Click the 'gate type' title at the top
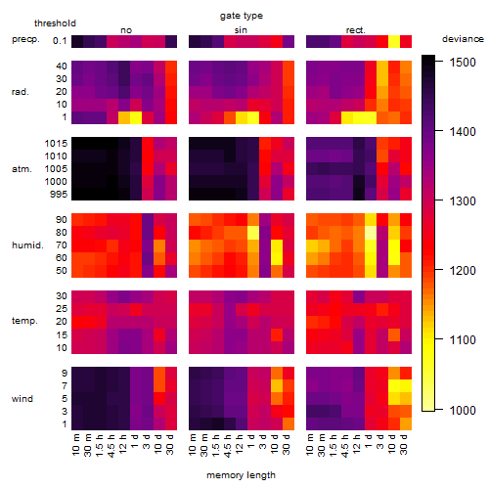[x=242, y=16]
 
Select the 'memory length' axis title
[x=241, y=475]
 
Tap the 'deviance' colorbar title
[x=463, y=39]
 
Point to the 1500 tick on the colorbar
[x=439, y=61]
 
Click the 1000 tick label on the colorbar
[x=463, y=410]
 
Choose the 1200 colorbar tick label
[x=463, y=271]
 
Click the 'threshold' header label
[x=55, y=23]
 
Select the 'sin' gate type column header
[x=241, y=30]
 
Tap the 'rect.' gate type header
[x=356, y=30]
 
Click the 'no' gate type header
[x=126, y=30]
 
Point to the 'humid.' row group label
[x=27, y=245]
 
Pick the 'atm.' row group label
[x=22, y=169]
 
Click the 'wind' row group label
[x=22, y=399]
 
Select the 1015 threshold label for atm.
[x=56, y=144]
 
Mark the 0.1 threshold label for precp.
[x=60, y=41]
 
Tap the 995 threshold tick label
[x=59, y=195]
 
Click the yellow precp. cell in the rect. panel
[x=394, y=41]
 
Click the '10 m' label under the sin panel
[x=193, y=444]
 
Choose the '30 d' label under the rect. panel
[x=404, y=444]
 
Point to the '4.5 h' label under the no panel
[x=111, y=445]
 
